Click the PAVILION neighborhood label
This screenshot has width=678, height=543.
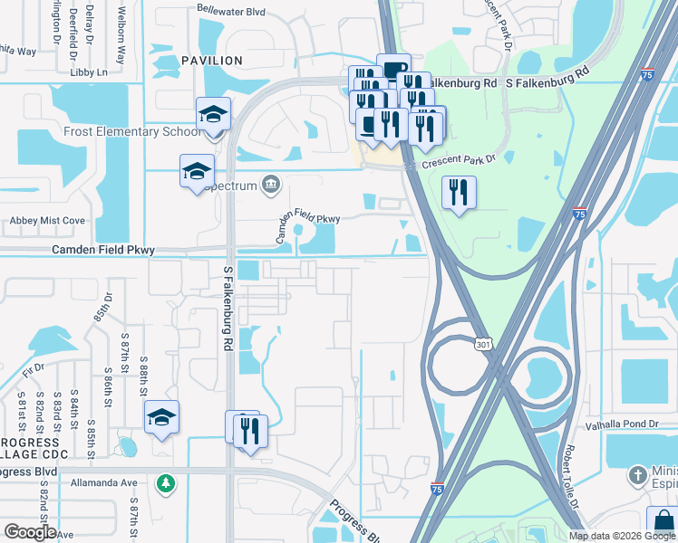[x=212, y=61]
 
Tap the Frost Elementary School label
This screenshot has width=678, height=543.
[x=133, y=132]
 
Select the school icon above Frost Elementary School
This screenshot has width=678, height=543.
[x=214, y=114]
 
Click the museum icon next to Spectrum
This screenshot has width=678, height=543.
[x=271, y=186]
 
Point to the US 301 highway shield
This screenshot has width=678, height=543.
[x=482, y=341]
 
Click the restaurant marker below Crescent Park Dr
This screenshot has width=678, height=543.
[x=459, y=192]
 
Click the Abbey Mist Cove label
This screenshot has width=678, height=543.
[x=47, y=220]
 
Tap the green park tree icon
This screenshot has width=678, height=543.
[x=164, y=483]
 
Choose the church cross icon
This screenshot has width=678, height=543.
[x=638, y=474]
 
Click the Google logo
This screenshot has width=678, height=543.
[x=30, y=532]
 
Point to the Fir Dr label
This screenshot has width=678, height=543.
[x=34, y=369]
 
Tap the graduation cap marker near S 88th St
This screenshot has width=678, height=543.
[x=161, y=417]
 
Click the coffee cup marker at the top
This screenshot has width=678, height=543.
[x=393, y=69]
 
